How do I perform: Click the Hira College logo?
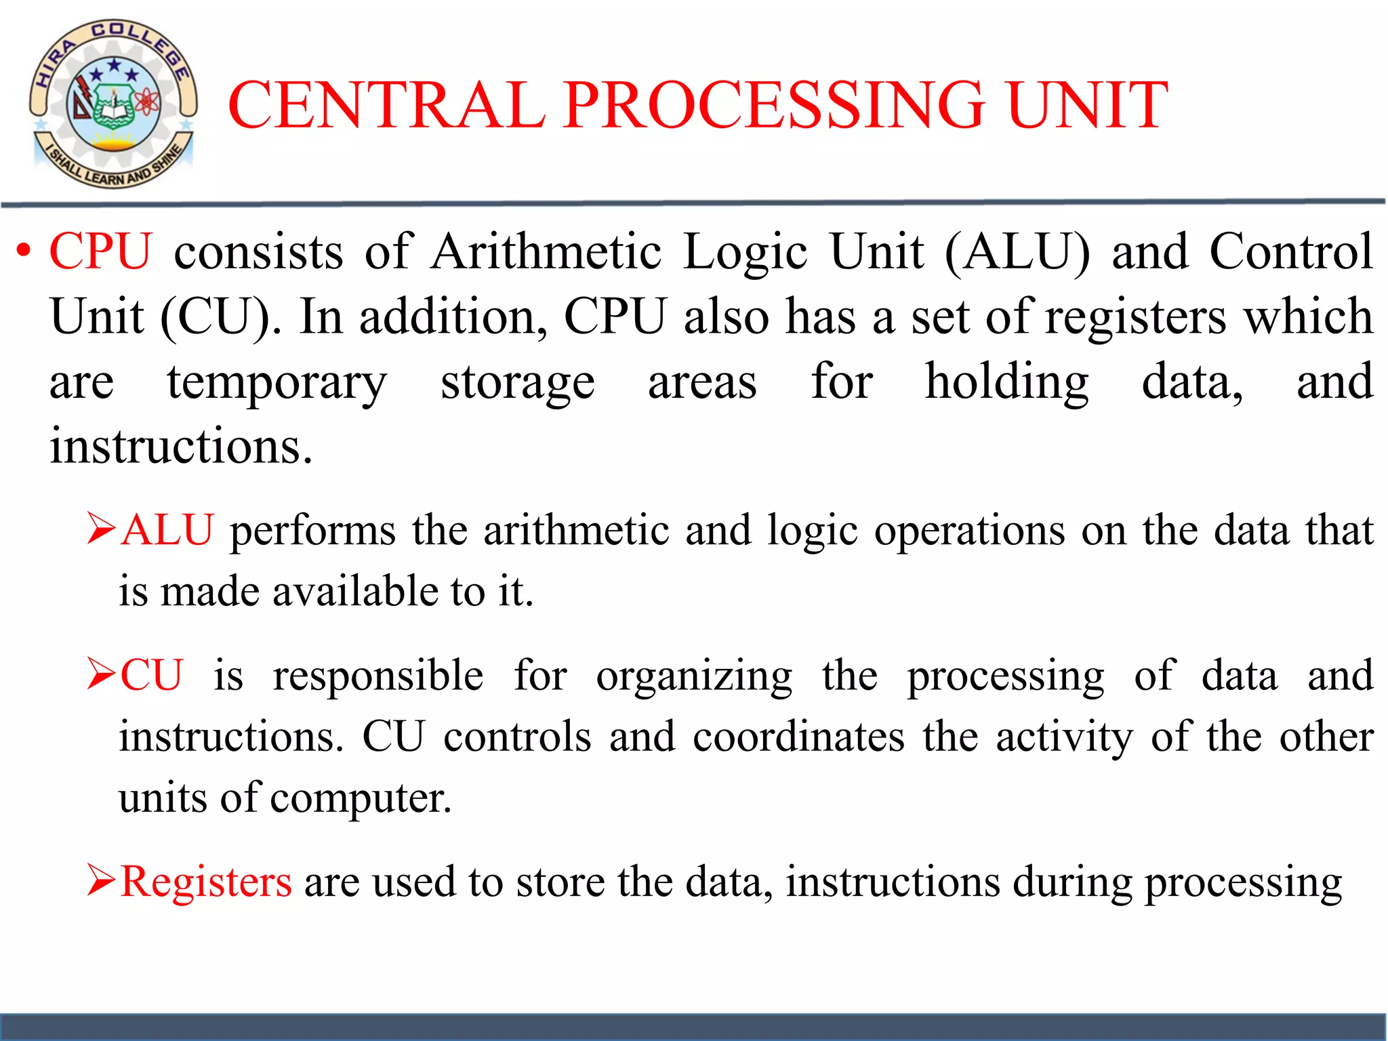pyautogui.click(x=113, y=104)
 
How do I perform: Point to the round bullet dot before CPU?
pyautogui.click(x=24, y=251)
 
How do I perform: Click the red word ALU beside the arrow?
pyautogui.click(x=167, y=530)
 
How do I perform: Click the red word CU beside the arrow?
pyautogui.click(x=152, y=676)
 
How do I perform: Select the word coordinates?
pyautogui.click(x=798, y=737)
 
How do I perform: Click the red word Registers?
pyautogui.click(x=206, y=882)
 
